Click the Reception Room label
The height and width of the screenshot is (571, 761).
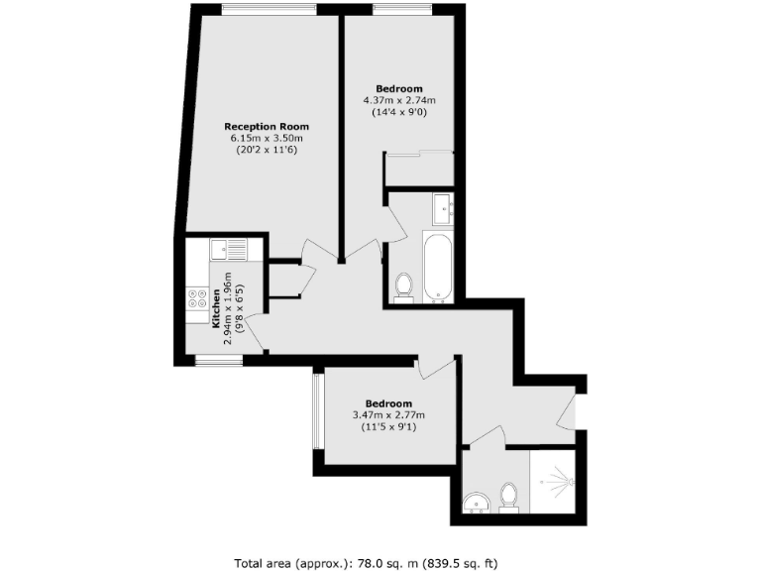(x=267, y=126)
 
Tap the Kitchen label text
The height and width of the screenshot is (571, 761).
(x=215, y=306)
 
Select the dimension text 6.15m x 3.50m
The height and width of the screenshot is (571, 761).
(x=267, y=138)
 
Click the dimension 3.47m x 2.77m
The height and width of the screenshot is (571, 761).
(x=388, y=414)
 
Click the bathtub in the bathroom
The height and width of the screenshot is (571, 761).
(x=438, y=268)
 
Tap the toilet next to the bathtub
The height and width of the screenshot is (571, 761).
(x=403, y=285)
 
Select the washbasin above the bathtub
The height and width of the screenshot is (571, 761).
(x=442, y=207)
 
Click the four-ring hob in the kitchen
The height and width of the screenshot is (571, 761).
(x=196, y=299)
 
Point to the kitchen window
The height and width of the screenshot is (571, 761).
(x=218, y=361)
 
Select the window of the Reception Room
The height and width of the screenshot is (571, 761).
(x=270, y=10)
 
